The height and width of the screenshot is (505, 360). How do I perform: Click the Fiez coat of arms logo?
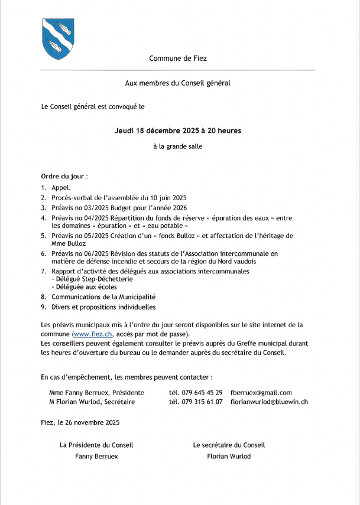[57, 38]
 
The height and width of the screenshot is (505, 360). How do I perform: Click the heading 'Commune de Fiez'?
[178, 58]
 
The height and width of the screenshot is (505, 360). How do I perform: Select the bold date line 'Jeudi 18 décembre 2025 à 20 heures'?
[177, 130]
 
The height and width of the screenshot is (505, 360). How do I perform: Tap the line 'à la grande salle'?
[177, 146]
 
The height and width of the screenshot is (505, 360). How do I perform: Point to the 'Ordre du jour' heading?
[64, 176]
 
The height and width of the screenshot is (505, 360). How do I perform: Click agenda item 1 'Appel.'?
[61, 187]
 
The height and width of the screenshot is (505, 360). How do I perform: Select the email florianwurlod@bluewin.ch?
[269, 402]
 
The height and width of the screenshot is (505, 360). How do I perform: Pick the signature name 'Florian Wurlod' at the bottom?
[229, 456]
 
